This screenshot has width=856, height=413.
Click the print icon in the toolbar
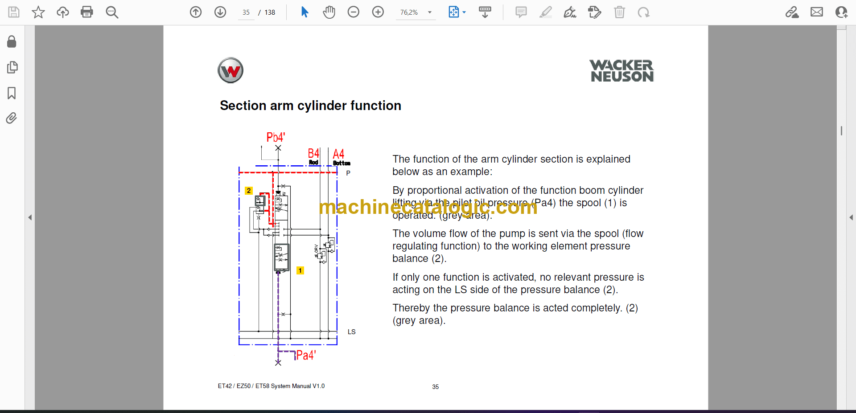[x=87, y=12]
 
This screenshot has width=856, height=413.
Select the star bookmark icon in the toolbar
[x=38, y=12]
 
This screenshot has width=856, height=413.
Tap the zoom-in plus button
[x=378, y=12]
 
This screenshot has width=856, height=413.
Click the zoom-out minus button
[x=353, y=12]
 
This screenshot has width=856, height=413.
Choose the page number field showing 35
[x=246, y=12]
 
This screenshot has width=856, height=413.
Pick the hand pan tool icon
[x=329, y=12]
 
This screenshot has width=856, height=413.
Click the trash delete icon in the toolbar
[x=619, y=12]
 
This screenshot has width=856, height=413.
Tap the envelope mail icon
[x=816, y=12]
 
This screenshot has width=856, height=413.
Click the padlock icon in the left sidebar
[x=12, y=42]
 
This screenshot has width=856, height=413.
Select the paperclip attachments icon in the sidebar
[x=12, y=118]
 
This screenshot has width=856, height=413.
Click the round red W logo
[x=230, y=70]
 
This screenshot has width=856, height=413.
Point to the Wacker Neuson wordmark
[x=621, y=71]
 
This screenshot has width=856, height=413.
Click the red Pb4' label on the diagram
[x=276, y=137]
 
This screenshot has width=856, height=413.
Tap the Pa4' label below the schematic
[x=306, y=355]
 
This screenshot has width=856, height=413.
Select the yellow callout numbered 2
[x=249, y=191]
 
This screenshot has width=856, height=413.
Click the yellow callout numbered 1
[x=300, y=270]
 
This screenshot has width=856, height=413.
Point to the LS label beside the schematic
[x=351, y=332]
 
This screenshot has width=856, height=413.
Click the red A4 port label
[x=338, y=154]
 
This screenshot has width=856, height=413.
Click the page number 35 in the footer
[x=435, y=387]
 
